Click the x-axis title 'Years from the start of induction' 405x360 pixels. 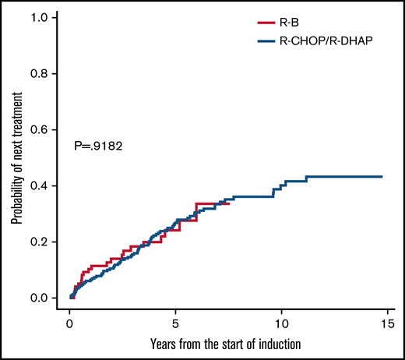[227, 344]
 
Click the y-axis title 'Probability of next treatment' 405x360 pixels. [16, 157]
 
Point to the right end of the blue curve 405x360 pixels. [382, 177]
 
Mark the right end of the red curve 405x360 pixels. [229, 203]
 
